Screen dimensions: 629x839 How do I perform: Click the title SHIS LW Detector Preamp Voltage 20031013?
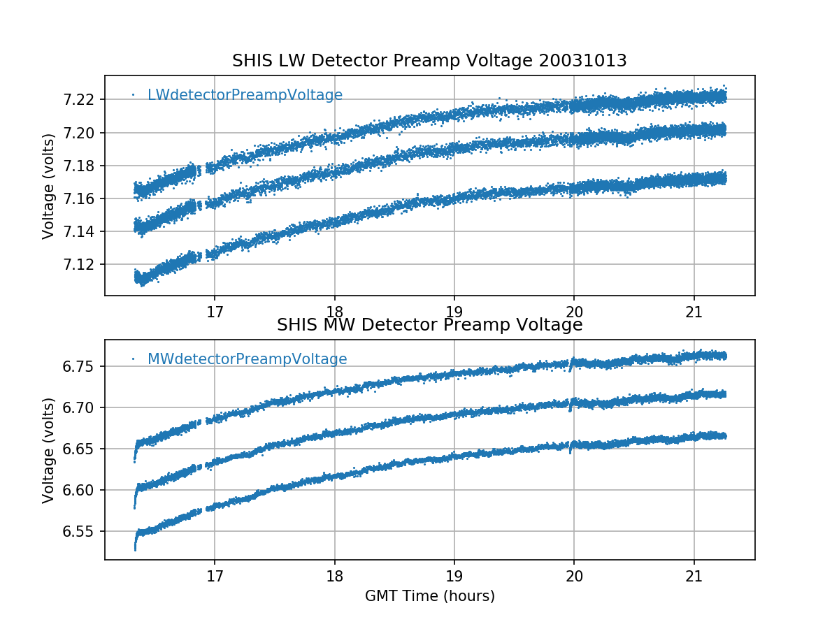(x=429, y=62)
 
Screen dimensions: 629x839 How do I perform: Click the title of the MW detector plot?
(x=429, y=326)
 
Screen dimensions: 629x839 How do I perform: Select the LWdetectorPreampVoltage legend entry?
(x=245, y=95)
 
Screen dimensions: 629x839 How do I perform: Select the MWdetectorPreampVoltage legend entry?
(x=247, y=359)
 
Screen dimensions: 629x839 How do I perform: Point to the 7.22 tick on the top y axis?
(x=80, y=100)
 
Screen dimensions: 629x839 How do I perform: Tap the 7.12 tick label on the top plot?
(x=80, y=265)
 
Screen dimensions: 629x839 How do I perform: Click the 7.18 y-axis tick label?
(x=80, y=166)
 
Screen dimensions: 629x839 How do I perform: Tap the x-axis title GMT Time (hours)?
(x=429, y=596)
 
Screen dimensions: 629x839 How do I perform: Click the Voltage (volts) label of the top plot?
(x=48, y=186)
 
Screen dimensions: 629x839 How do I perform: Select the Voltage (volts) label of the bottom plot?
(x=48, y=450)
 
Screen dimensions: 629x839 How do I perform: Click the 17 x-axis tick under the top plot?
(x=215, y=310)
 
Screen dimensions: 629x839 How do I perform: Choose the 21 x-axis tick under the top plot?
(x=694, y=310)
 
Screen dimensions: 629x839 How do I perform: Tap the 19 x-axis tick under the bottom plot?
(x=454, y=574)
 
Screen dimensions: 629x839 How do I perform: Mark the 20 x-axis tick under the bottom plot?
(x=574, y=574)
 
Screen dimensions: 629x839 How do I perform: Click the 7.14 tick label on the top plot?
(x=80, y=232)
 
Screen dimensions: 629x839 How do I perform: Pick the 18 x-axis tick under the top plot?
(x=334, y=310)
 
